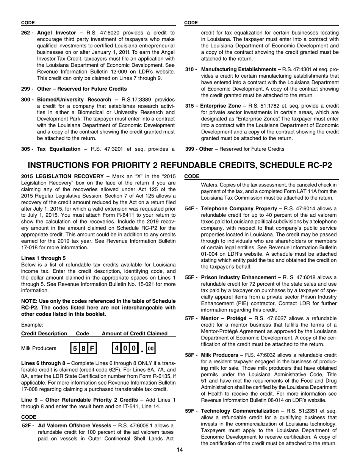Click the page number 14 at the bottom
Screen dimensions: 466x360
click(x=180, y=450)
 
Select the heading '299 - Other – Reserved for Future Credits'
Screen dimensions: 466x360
click(x=74, y=89)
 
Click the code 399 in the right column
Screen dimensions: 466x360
click(x=190, y=149)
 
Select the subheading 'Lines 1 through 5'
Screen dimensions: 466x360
click(x=43, y=258)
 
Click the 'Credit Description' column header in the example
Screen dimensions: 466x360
click(x=44, y=333)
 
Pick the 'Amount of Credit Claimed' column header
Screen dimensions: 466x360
click(x=135, y=333)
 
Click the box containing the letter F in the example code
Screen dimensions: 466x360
click(x=92, y=348)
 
